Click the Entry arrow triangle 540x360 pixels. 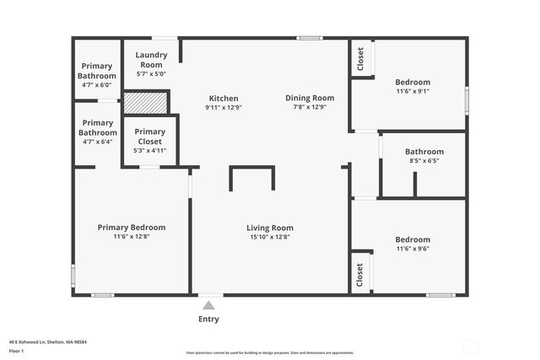[x=208, y=305]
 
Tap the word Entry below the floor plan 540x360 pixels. [x=208, y=319]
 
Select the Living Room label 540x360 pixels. [x=270, y=228]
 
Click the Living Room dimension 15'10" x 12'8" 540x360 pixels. [x=270, y=237]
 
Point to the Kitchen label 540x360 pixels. [x=224, y=99]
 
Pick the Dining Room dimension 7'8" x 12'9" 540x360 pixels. [x=310, y=107]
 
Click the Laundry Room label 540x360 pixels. [x=152, y=60]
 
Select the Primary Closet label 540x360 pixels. [x=150, y=137]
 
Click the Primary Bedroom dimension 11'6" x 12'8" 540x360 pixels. [x=132, y=237]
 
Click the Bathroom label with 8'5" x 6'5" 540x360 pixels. [x=424, y=152]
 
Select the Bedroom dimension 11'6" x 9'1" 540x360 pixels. [x=413, y=91]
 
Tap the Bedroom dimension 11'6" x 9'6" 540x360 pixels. [x=413, y=249]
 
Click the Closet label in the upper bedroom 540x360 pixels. [x=361, y=58]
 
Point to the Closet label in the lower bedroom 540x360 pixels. [x=360, y=274]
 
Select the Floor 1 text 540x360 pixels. [x=16, y=350]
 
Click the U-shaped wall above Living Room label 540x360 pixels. [x=252, y=169]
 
